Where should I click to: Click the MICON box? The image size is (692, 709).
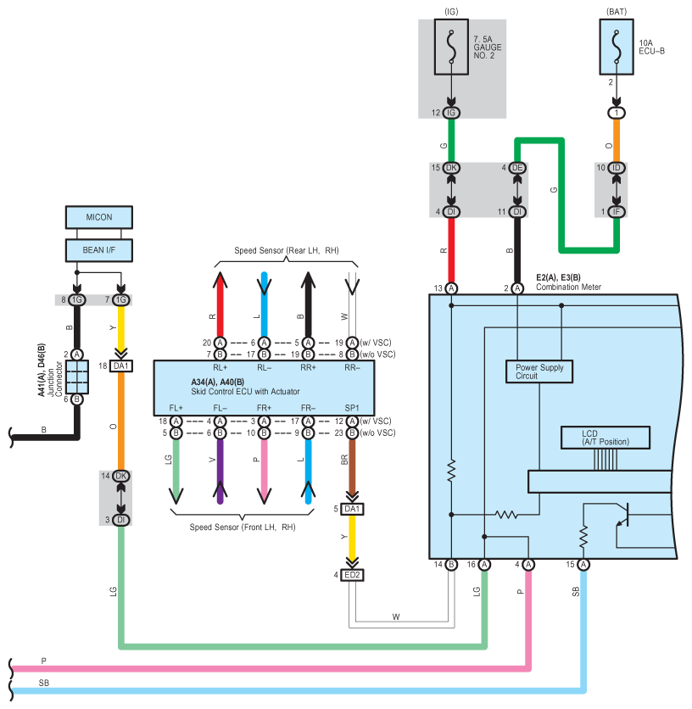click(x=99, y=217)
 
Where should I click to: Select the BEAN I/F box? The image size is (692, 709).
click(x=99, y=250)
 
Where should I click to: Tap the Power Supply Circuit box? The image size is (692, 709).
click(x=539, y=371)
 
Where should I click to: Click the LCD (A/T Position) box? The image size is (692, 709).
click(x=605, y=438)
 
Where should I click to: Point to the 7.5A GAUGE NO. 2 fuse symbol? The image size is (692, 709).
click(x=451, y=47)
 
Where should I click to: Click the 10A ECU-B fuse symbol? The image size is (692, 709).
click(x=617, y=47)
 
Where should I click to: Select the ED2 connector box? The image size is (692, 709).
click(x=352, y=575)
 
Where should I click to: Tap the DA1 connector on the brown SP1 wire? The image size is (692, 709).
click(x=352, y=509)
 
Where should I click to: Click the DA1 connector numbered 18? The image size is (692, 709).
click(x=121, y=366)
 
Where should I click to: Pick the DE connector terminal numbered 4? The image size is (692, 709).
click(x=517, y=168)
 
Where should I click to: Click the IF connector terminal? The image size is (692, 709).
click(x=617, y=212)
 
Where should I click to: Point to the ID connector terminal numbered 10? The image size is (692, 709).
click(x=617, y=168)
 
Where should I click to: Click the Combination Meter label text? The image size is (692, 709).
click(x=568, y=288)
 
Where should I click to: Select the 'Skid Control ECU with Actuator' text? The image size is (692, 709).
click(x=245, y=392)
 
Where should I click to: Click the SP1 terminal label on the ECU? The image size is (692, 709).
click(x=352, y=408)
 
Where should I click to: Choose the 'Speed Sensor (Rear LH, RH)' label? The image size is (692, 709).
click(x=287, y=250)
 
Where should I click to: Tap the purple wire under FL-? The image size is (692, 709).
click(x=220, y=472)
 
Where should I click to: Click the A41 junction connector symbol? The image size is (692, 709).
click(x=77, y=377)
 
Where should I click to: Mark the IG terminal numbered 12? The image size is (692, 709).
click(x=451, y=113)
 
